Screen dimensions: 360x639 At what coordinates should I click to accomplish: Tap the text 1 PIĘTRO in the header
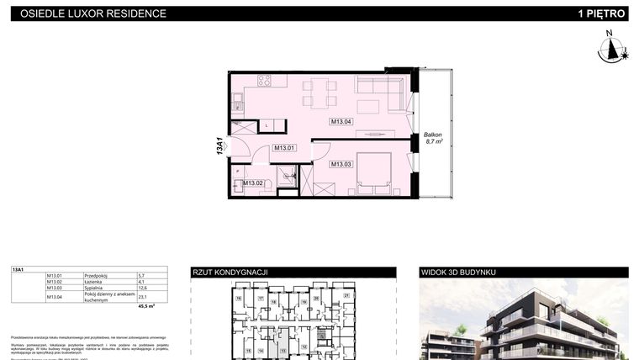(x=602, y=13)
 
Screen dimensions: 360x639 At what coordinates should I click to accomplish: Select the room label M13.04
(x=341, y=122)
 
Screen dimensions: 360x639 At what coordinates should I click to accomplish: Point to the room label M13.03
(x=341, y=164)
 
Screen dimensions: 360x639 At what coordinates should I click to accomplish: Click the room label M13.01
(x=284, y=148)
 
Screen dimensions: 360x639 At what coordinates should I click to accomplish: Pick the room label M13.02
(x=253, y=183)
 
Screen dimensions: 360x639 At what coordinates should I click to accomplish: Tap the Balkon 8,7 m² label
(x=433, y=140)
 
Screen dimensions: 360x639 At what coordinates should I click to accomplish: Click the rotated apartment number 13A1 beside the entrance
(x=219, y=146)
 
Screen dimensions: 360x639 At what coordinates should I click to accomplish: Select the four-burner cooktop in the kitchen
(x=264, y=82)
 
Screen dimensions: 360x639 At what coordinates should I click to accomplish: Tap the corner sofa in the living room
(x=378, y=87)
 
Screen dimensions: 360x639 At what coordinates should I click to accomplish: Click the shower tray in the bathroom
(x=288, y=176)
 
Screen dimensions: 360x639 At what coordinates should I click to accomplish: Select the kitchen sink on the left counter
(x=236, y=106)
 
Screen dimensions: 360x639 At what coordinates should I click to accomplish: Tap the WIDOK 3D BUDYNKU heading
(x=459, y=272)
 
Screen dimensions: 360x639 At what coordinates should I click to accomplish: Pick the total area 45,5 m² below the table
(x=146, y=307)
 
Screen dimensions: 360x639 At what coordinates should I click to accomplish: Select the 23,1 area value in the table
(x=142, y=296)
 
